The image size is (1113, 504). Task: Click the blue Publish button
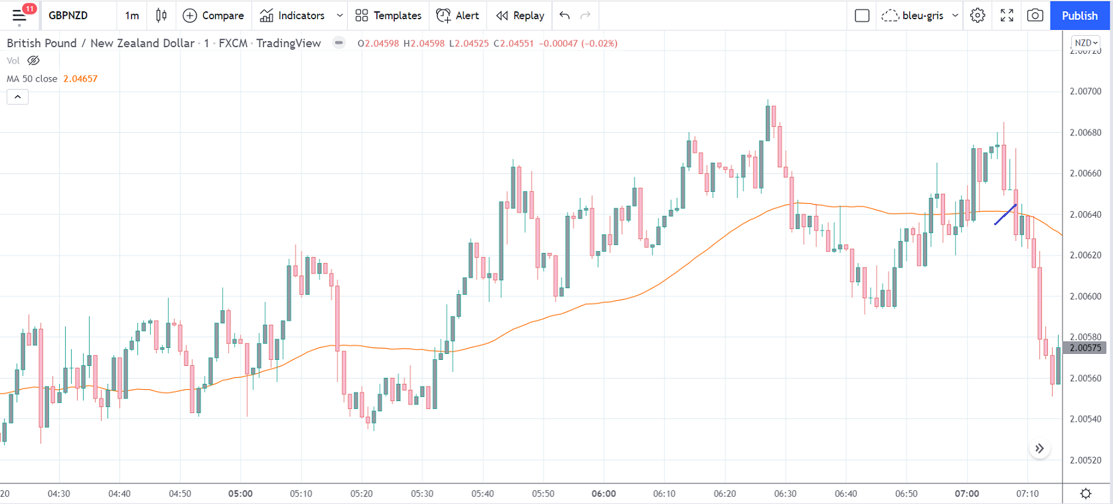pos(1079,15)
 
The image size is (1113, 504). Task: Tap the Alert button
pos(457,15)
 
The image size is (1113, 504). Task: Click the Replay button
pos(520,15)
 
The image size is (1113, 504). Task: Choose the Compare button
pos(213,15)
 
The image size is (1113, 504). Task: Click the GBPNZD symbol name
pos(68,15)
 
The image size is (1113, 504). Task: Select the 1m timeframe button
pos(132,15)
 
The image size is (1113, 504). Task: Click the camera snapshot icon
pos(1035,15)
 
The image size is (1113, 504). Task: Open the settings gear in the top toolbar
pos(978,15)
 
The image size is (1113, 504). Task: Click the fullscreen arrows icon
pos(1007,15)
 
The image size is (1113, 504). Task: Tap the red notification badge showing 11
pos(29,9)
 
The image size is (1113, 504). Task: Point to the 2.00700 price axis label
pos(1085,91)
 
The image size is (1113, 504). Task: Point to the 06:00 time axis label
pos(603,493)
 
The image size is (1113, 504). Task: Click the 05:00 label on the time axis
pos(240,493)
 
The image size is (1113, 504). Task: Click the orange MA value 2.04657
pos(80,78)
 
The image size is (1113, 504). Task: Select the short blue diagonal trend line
pos(1005,214)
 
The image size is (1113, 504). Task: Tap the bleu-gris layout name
pos(923,15)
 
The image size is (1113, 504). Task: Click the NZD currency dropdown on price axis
pos(1086,42)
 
